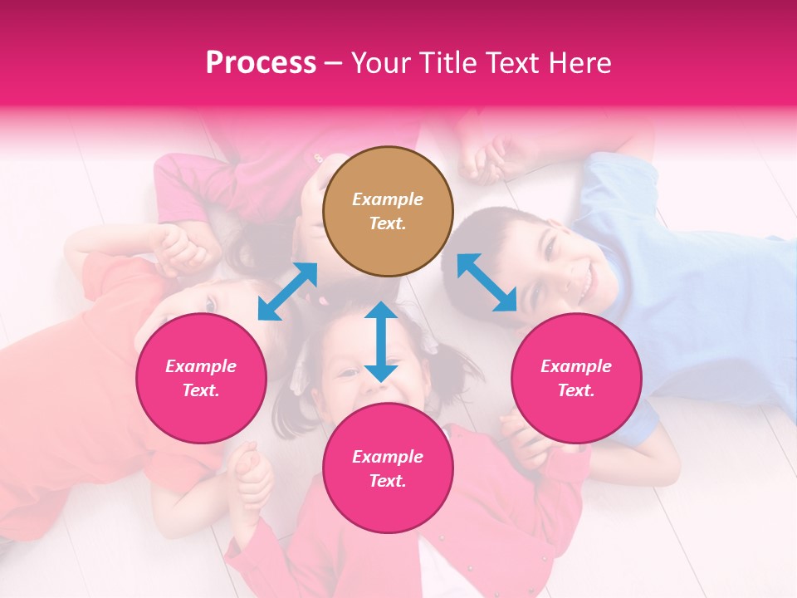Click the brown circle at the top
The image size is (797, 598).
pyautogui.click(x=388, y=212)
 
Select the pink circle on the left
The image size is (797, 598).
pyautogui.click(x=201, y=379)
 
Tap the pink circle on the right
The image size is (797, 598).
pyautogui.click(x=576, y=379)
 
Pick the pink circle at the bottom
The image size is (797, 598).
pyautogui.click(x=388, y=469)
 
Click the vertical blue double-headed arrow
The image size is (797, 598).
pyautogui.click(x=381, y=341)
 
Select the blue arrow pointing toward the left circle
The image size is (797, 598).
pyautogui.click(x=287, y=292)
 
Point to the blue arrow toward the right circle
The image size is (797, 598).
pyautogui.click(x=487, y=282)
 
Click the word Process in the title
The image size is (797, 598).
pyautogui.click(x=261, y=62)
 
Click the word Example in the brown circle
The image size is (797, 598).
pyautogui.click(x=388, y=199)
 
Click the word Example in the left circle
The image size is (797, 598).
pyautogui.click(x=201, y=366)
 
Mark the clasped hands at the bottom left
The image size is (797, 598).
pyautogui.click(x=249, y=473)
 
